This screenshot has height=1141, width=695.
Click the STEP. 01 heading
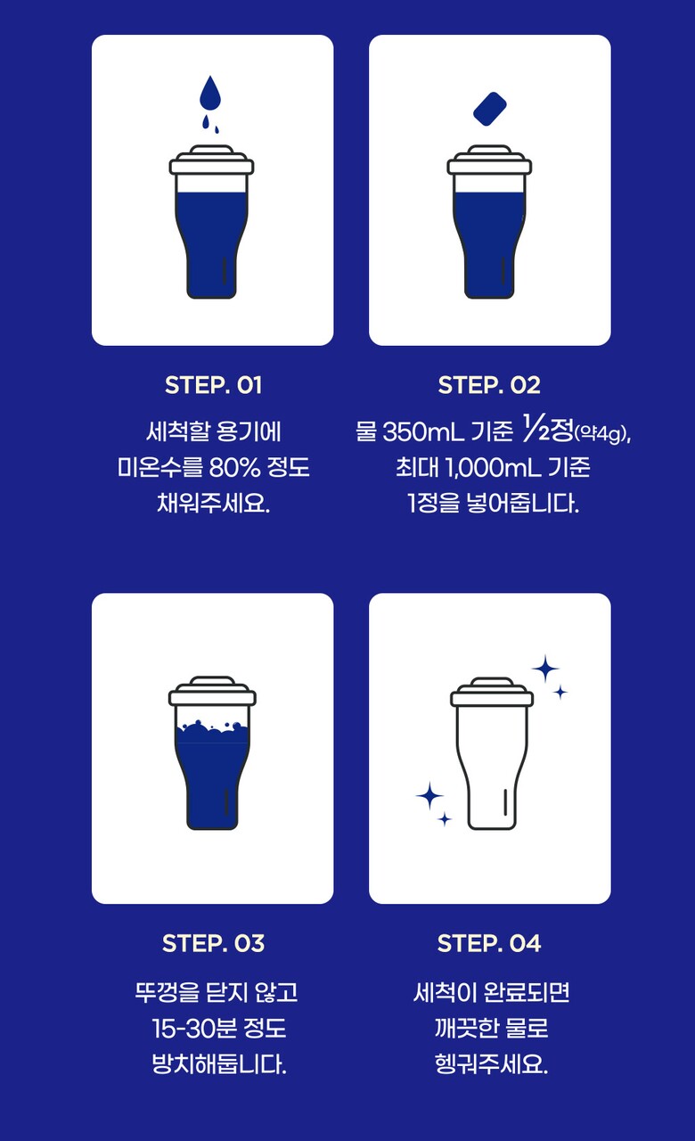click(213, 385)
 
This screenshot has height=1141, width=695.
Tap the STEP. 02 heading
click(489, 385)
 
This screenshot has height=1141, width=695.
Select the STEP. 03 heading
click(213, 943)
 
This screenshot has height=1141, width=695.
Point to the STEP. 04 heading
click(489, 943)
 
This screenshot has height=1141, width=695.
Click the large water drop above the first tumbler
click(209, 94)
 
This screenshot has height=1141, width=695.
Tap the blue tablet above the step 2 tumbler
click(490, 109)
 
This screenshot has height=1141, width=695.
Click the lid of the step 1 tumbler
click(211, 160)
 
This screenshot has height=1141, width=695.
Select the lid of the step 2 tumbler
click(489, 160)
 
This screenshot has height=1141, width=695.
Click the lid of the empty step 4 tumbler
click(492, 692)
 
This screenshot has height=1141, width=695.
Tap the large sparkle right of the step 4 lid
click(546, 669)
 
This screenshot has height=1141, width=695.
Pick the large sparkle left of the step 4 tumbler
click(429, 796)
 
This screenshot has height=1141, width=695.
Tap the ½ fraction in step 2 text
click(536, 428)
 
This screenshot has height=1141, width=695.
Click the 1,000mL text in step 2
click(493, 467)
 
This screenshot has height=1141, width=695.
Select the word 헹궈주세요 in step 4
click(491, 1064)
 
